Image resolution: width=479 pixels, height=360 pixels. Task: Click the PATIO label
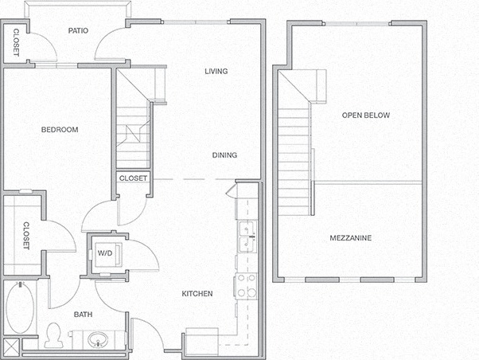(77, 31)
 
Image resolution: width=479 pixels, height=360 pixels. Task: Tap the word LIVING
(216, 72)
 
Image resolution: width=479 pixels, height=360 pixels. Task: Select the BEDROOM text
(60, 130)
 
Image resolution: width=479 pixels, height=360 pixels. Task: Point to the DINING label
(224, 155)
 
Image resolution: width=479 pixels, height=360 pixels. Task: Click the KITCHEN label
(197, 294)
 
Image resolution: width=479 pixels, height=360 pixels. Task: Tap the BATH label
(84, 315)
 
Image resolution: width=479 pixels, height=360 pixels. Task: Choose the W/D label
(104, 254)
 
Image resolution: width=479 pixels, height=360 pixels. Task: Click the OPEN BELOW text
(366, 115)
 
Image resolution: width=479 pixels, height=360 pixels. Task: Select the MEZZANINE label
(351, 238)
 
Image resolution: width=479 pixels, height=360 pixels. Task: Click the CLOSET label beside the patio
(15, 43)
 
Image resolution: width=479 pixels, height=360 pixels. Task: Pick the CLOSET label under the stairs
(133, 178)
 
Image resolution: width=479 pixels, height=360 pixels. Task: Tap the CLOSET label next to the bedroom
(25, 236)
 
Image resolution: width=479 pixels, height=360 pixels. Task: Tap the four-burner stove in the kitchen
(247, 285)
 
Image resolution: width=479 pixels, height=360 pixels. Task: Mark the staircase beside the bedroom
(132, 127)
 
